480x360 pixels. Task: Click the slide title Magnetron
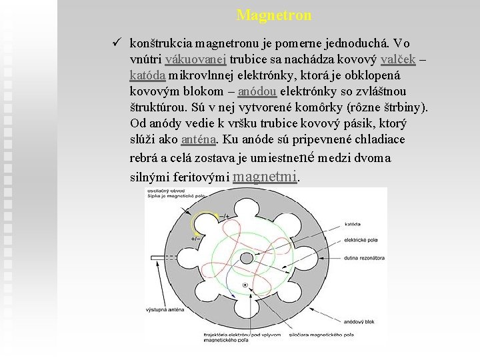pos(273,14)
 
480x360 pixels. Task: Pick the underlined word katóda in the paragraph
pos(149,75)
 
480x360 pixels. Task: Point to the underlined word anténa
pos(199,139)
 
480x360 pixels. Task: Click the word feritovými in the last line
pos(198,177)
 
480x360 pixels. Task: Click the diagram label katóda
pos(353,223)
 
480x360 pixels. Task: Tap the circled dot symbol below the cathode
pos(245,285)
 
